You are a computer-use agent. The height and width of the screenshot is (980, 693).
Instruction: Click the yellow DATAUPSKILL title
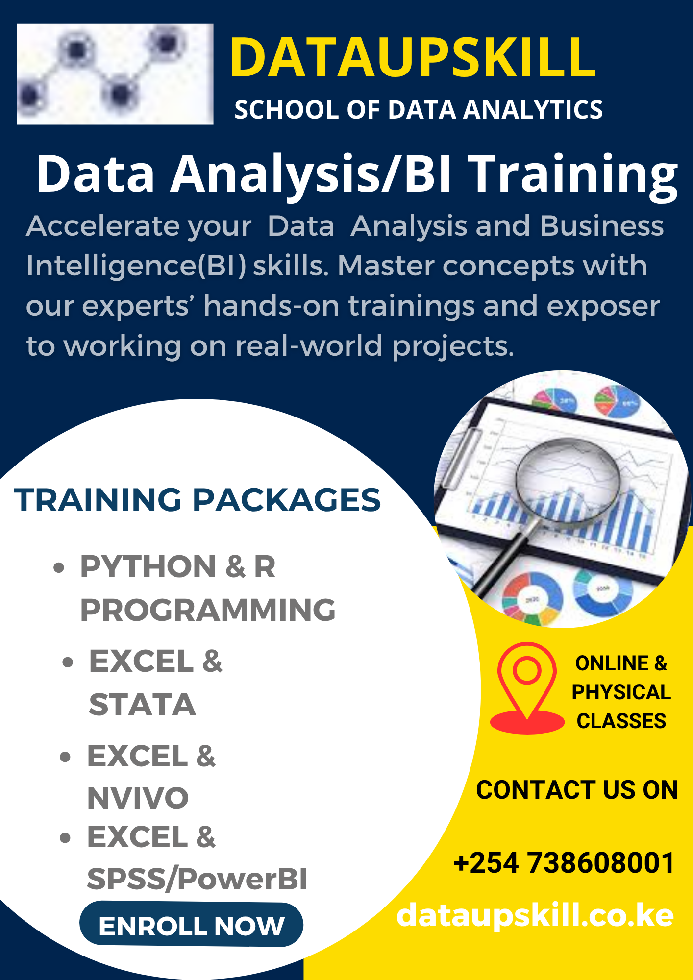[x=413, y=58]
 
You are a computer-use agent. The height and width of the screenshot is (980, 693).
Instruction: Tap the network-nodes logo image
[x=115, y=74]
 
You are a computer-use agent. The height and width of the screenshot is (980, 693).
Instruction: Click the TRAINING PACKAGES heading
[x=198, y=500]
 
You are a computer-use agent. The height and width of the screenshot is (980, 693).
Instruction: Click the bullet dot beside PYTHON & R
[x=59, y=567]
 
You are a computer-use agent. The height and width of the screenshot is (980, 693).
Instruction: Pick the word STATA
[x=142, y=705]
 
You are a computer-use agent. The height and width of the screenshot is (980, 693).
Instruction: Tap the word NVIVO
[x=138, y=798]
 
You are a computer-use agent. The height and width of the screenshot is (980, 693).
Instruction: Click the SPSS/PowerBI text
[x=197, y=879]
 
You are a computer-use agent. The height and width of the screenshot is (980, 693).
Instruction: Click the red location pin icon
[x=527, y=687]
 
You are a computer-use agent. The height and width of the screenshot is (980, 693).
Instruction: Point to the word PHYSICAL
[x=621, y=692]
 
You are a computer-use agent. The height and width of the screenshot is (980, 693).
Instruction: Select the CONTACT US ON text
[x=577, y=790]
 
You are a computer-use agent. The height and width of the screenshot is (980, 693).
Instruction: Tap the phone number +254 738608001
[x=564, y=863]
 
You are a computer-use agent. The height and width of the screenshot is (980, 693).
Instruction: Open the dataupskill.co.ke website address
[x=535, y=915]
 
